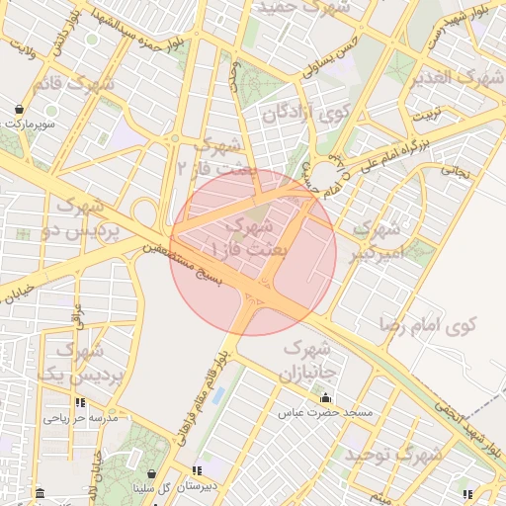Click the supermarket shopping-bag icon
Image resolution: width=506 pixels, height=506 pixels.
(20, 109)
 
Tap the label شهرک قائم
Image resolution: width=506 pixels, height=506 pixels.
(75, 85)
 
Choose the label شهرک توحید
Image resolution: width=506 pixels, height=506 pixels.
(392, 456)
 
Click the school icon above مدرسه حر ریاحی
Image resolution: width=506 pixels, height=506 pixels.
(80, 403)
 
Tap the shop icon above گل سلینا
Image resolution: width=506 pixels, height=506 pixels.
(150, 472)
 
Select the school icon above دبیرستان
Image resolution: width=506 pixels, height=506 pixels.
(199, 470)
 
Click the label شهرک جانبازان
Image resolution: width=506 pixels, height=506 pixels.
(309, 362)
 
